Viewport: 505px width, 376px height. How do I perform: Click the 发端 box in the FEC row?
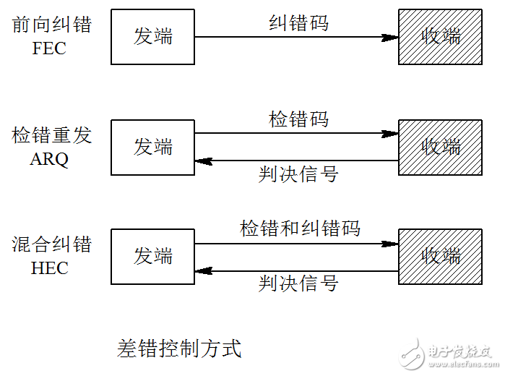152,37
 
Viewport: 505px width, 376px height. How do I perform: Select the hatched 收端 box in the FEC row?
440,37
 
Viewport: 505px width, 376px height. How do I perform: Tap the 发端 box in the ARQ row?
152,147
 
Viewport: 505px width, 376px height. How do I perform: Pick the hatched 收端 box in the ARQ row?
440,147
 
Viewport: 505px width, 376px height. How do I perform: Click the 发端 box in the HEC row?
152,256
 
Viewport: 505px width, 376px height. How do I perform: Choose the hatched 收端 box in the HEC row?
440,256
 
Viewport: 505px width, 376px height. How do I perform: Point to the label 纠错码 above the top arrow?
298,23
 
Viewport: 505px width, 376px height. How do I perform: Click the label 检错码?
298,119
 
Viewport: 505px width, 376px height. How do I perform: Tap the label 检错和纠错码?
300,229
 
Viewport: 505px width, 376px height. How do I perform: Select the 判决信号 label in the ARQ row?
298,174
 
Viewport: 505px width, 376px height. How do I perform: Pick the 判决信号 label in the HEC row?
298,283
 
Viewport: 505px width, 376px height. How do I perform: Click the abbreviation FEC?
49,50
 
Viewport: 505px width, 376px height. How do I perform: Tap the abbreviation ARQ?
49,160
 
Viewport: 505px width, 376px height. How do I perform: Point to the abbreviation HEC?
49,268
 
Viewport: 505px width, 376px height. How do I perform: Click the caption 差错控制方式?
178,349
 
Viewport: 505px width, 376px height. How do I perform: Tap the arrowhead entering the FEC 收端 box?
391,38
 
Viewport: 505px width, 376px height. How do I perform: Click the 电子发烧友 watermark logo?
448,354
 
